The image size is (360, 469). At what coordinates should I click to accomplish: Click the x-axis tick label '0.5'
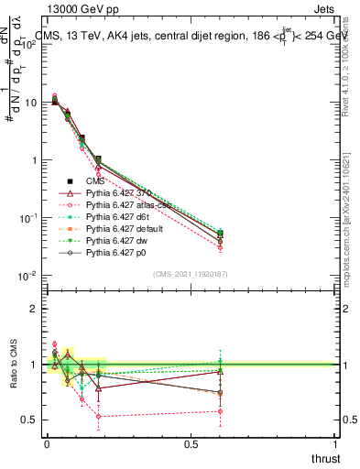coord(191,445)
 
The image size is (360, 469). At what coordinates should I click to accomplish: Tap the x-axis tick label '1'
coord(337,445)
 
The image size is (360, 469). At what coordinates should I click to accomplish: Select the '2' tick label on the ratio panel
coord(33,309)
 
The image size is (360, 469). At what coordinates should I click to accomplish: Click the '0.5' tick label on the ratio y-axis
coord(29,420)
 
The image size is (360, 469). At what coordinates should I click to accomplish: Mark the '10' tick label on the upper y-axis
coord(28,103)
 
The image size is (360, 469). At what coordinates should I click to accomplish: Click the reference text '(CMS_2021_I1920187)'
coord(191,274)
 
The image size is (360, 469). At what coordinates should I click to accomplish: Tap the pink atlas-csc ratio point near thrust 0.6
coord(220,411)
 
